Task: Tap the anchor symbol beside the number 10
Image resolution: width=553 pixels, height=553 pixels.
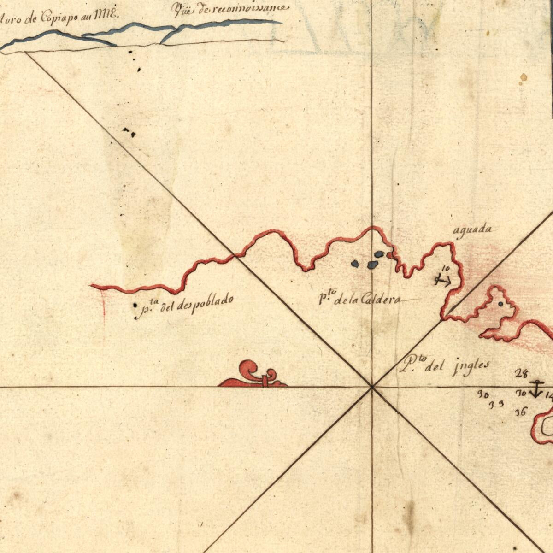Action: tap(443, 280)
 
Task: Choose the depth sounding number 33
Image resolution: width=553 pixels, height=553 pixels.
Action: tap(496, 404)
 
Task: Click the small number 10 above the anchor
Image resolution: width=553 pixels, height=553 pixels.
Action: tap(445, 268)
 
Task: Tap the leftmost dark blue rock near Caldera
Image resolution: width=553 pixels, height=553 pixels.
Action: tap(355, 263)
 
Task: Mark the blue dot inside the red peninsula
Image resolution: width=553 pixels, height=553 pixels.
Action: tap(501, 304)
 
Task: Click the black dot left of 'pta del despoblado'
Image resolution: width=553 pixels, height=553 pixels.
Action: tap(135, 305)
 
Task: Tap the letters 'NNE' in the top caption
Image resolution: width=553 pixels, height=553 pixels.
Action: tap(106, 15)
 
